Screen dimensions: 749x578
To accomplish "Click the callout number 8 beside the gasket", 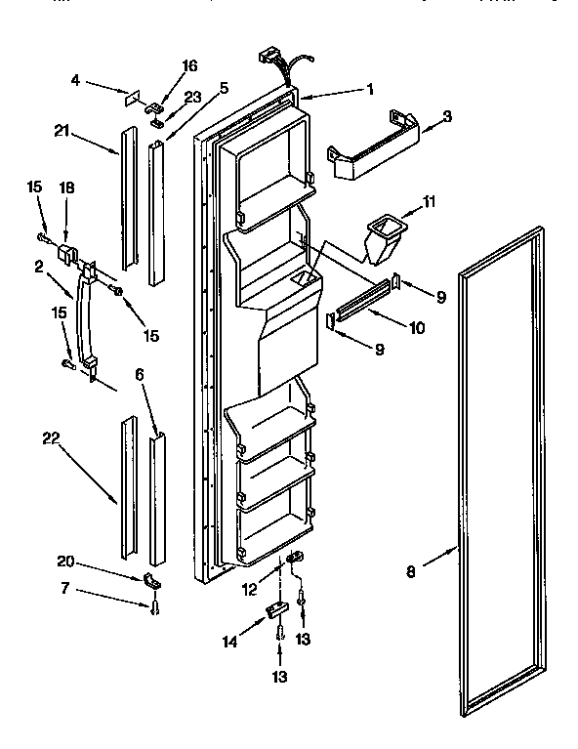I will (411, 572).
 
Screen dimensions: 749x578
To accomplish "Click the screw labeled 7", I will (154, 608).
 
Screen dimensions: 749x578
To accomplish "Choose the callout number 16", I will (189, 65).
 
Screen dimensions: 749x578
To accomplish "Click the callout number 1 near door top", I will (370, 89).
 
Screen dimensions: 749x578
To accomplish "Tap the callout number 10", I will (417, 327).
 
